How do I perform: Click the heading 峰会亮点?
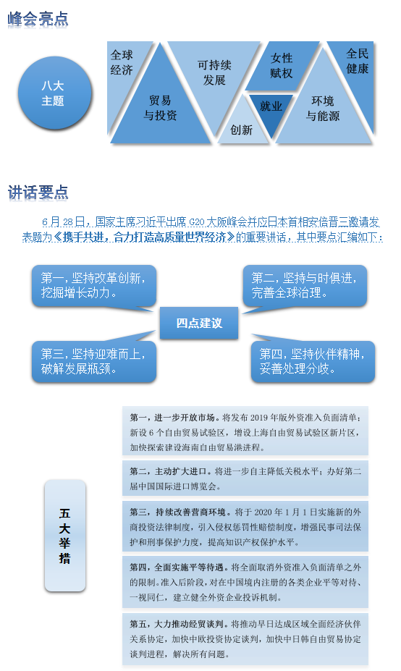click(x=38, y=20)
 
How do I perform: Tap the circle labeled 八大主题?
click(x=54, y=93)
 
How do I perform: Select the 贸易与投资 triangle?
click(x=161, y=108)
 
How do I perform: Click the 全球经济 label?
click(x=122, y=62)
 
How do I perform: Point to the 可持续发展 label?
click(x=214, y=72)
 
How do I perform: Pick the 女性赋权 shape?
click(x=281, y=66)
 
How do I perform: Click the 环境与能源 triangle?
click(x=323, y=109)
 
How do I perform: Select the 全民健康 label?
click(x=358, y=61)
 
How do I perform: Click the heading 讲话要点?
click(x=38, y=193)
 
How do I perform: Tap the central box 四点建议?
click(x=199, y=323)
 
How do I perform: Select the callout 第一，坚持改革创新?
click(x=93, y=286)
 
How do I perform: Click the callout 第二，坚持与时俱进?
click(x=305, y=286)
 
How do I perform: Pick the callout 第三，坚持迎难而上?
click(x=93, y=361)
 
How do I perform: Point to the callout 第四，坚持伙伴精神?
click(x=313, y=361)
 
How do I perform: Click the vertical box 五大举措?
click(x=65, y=536)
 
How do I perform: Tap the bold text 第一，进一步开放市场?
click(x=172, y=418)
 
